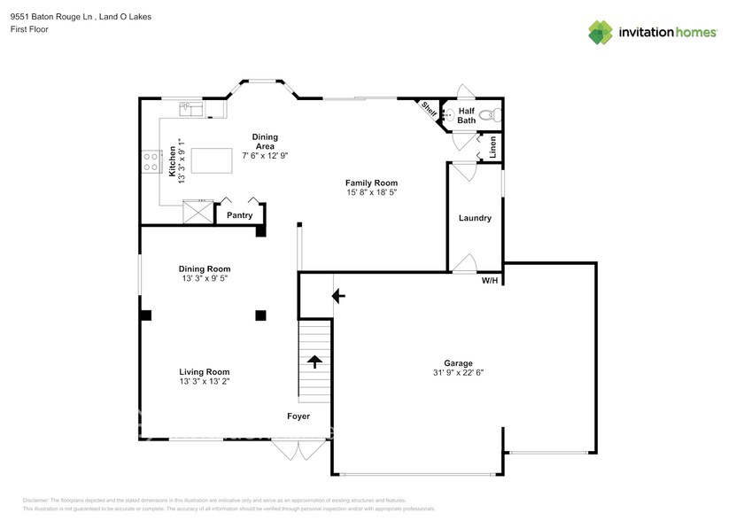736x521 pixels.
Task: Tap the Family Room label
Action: [x=370, y=183]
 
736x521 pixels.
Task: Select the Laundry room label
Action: [x=475, y=218]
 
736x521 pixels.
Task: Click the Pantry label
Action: [x=239, y=215]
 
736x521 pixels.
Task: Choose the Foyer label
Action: [x=298, y=416]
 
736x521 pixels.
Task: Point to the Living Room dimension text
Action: [x=205, y=382]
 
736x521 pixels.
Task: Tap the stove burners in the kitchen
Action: [x=151, y=161]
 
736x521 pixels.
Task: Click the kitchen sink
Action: [x=190, y=109]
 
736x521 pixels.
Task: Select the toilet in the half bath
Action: [x=494, y=114]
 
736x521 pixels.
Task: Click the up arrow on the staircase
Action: [x=314, y=361]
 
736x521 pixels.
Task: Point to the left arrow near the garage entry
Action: [x=337, y=296]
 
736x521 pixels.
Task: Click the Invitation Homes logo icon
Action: [x=600, y=33]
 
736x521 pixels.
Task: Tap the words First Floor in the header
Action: [x=29, y=29]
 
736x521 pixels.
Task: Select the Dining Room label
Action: [x=205, y=268]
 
